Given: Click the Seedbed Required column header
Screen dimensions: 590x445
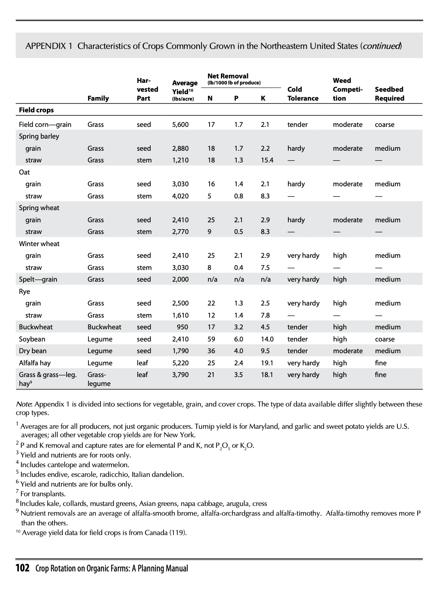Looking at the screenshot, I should click(389, 94).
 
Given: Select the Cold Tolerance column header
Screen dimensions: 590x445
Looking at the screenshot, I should click(302, 94).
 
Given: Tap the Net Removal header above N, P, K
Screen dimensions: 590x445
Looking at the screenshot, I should click(228, 76).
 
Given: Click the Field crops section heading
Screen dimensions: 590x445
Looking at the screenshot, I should click(36, 110).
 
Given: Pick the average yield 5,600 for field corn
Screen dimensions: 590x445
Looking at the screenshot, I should click(180, 124).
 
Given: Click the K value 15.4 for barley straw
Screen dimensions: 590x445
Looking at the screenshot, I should click(267, 160).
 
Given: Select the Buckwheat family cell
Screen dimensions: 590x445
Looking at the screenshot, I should click(104, 327).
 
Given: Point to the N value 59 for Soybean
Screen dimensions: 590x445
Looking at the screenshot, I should click(211, 339).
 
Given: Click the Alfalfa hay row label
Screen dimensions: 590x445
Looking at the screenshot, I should click(35, 363).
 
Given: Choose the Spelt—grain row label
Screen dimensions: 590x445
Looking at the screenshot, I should click(38, 279).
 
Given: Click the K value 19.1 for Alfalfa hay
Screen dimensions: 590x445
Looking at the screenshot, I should click(267, 363).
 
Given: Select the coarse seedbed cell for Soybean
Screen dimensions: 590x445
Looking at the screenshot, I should click(384, 339).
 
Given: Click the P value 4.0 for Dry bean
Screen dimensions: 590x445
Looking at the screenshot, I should click(238, 351).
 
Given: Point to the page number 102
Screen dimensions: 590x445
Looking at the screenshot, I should click(23, 568).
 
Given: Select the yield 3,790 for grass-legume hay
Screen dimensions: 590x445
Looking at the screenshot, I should click(180, 375).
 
